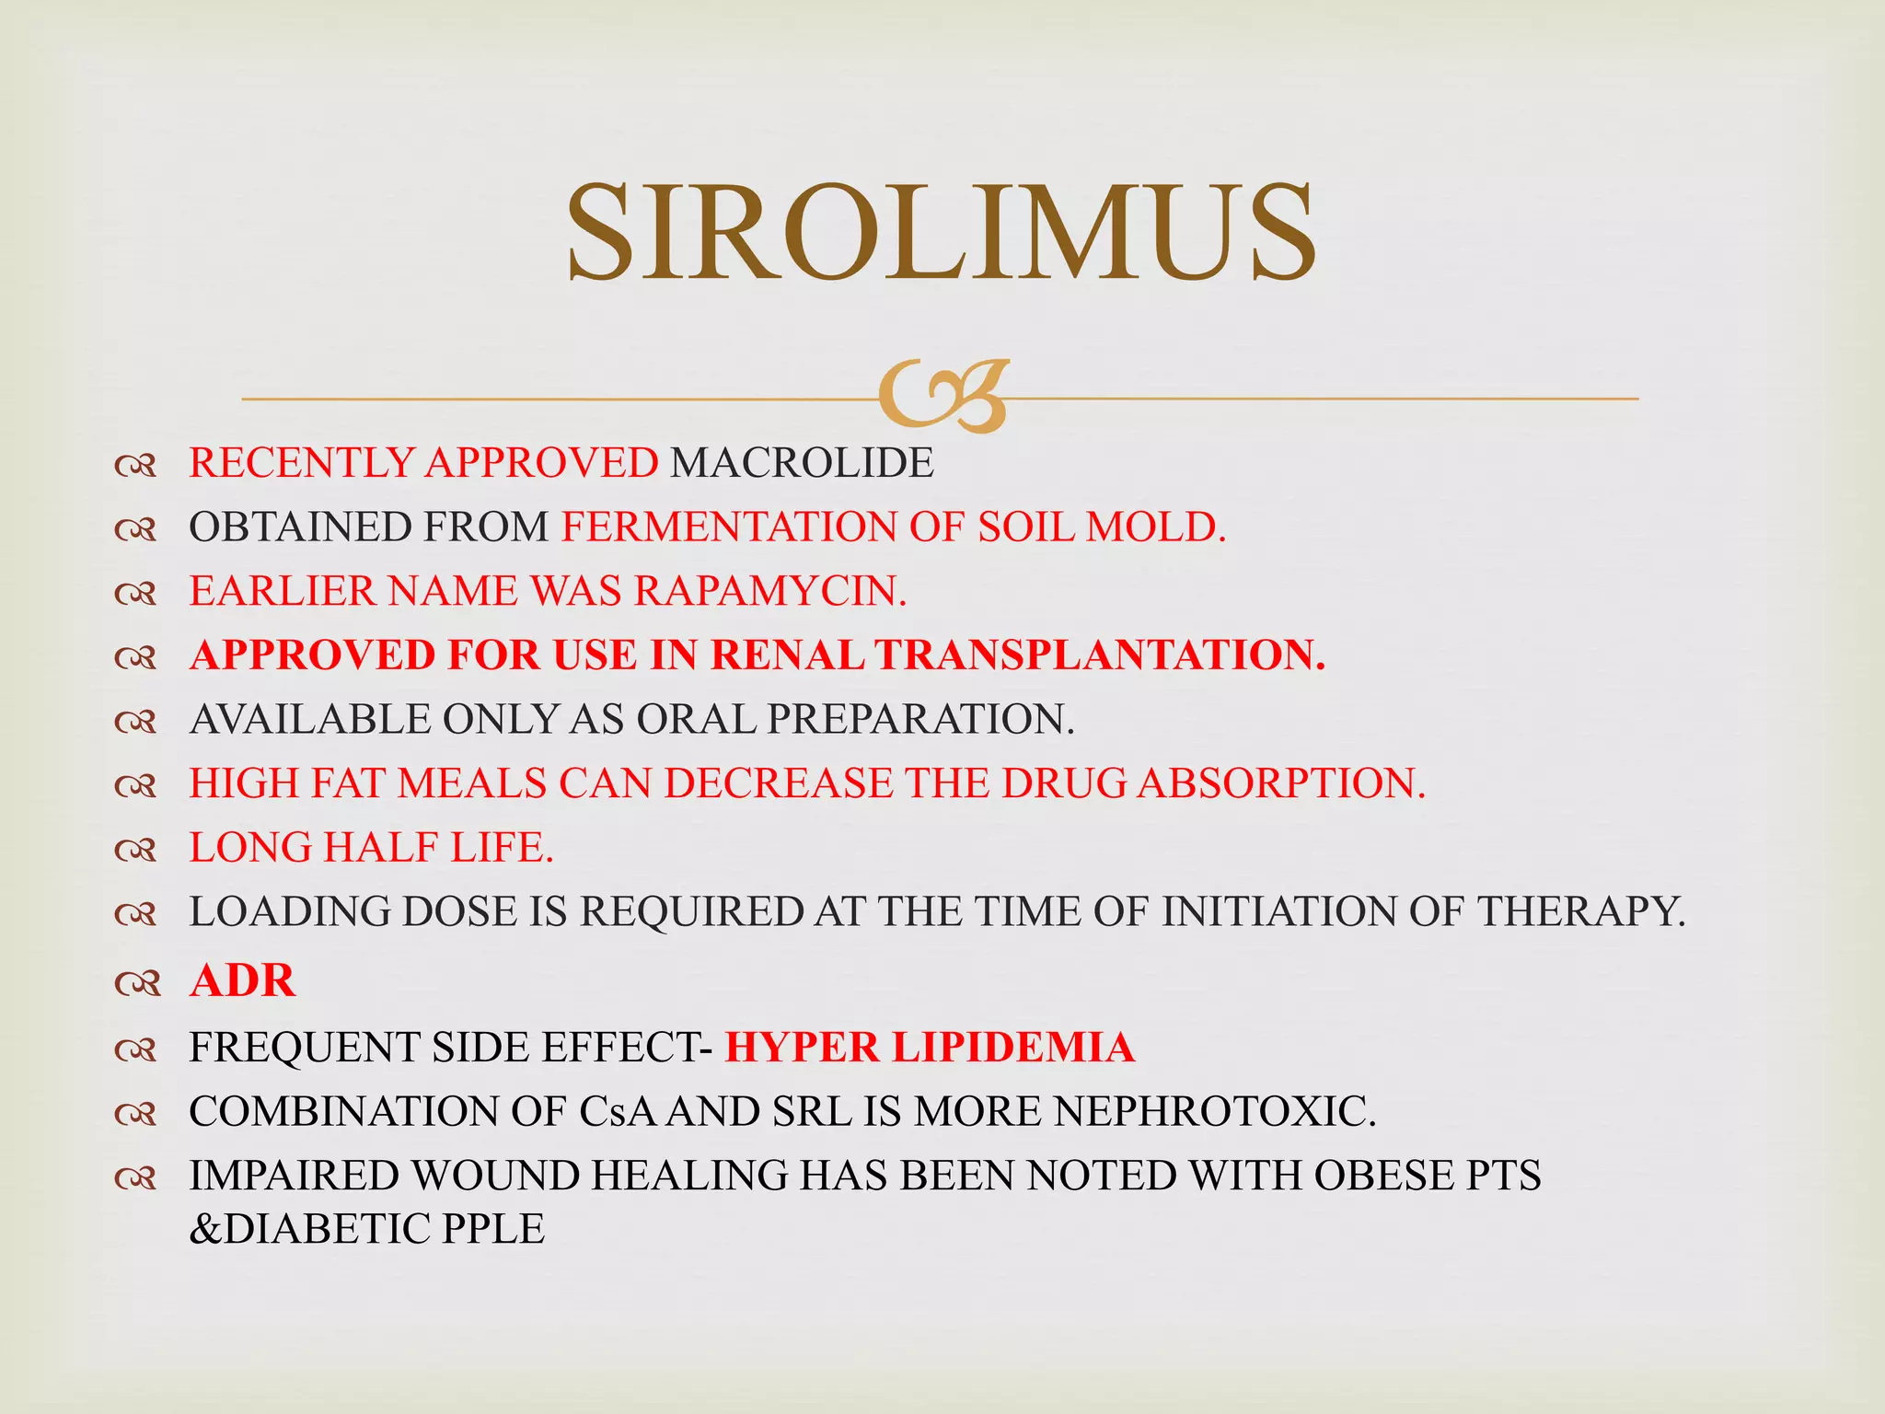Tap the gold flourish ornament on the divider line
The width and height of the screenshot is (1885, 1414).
pyautogui.click(x=942, y=397)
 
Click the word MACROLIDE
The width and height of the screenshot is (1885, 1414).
pyautogui.click(x=802, y=462)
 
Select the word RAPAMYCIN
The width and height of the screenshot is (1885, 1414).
pyautogui.click(x=769, y=591)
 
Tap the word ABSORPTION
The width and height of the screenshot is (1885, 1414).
pyautogui.click(x=1281, y=783)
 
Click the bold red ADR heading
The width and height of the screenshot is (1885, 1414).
pyautogui.click(x=242, y=979)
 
